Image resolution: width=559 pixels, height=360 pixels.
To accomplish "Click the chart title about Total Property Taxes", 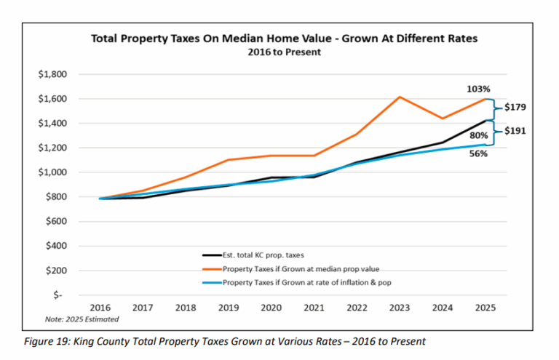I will pos(284,39).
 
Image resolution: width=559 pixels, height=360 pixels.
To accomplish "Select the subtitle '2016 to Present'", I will pos(284,52).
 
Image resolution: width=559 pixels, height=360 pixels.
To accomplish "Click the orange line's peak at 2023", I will pos(400,97).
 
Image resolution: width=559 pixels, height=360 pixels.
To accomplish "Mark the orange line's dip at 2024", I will pos(443,119).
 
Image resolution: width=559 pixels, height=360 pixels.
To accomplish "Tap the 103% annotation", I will pos(477,88).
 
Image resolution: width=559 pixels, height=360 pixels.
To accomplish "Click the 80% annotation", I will pos(478,135).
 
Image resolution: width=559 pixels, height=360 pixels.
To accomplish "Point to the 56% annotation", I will pos(478,154).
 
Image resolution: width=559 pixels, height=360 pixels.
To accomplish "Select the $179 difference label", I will pos(516,108).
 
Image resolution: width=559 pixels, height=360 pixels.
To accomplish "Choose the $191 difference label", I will pos(516,132).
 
